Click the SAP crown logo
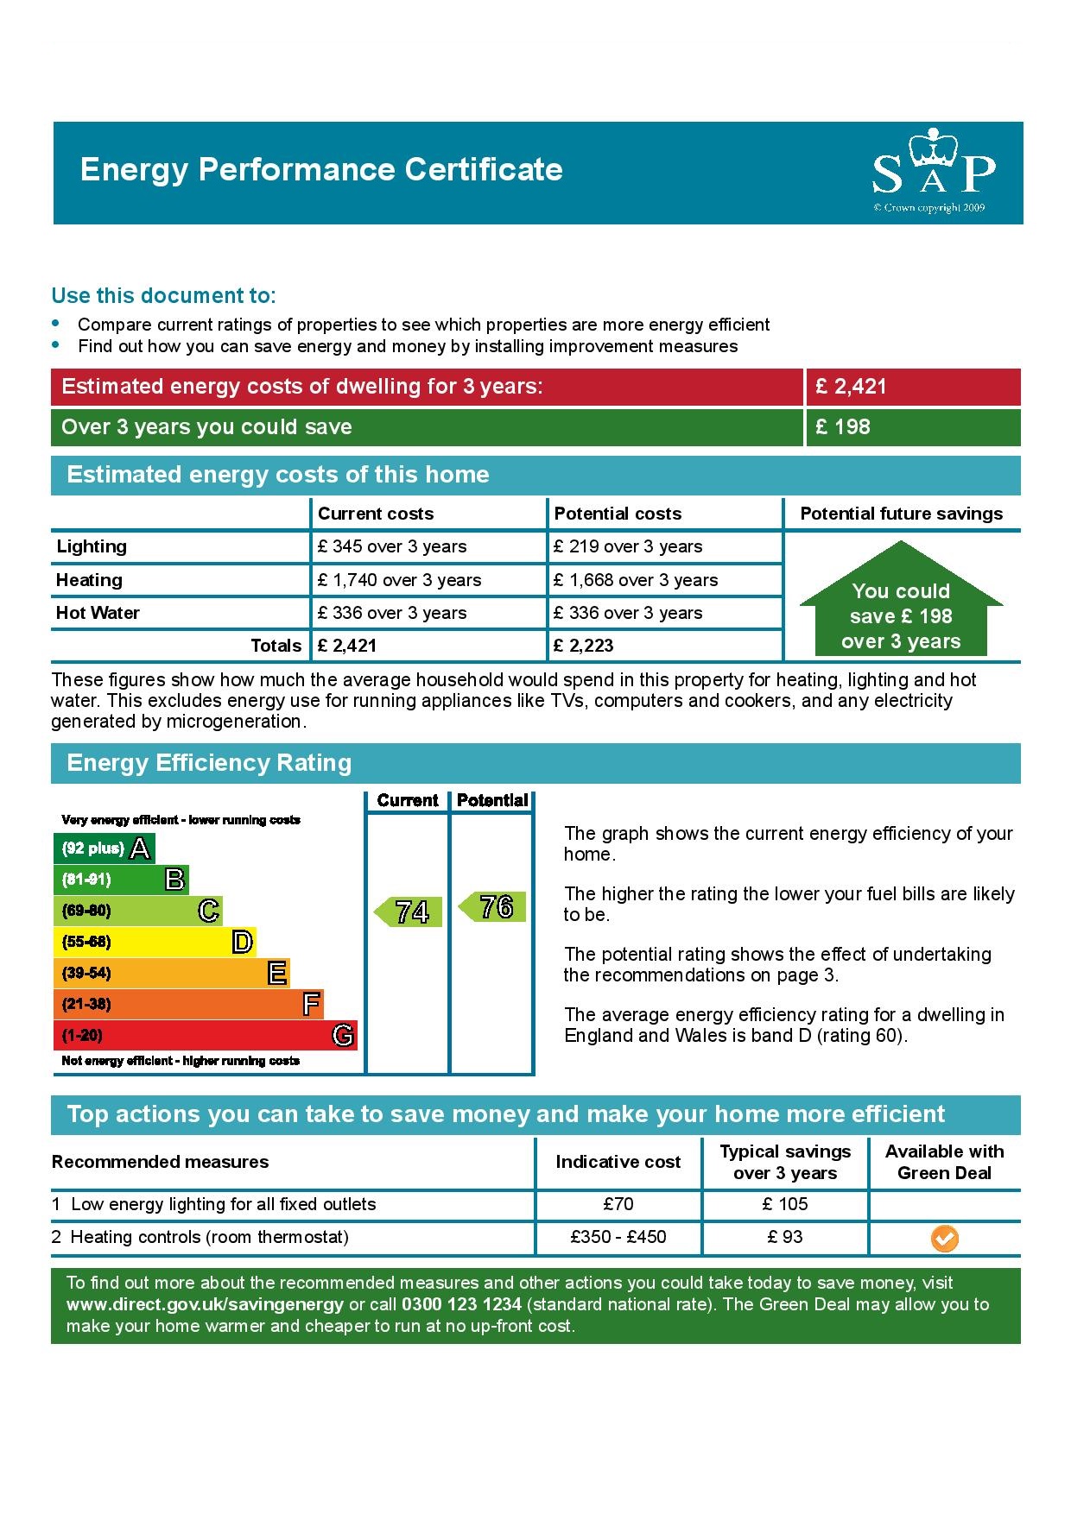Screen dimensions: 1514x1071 (933, 170)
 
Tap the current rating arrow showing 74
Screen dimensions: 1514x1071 (409, 912)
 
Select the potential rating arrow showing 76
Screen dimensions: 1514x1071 (493, 907)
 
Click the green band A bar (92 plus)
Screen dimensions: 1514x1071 (104, 848)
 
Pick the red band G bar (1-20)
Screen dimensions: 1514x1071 (205, 1035)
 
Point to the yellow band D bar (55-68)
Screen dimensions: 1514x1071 (155, 942)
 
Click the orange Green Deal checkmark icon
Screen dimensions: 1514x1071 (944, 1240)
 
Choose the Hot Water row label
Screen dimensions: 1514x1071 (98, 613)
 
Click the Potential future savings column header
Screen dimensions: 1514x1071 (901, 514)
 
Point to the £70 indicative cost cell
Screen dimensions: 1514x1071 (618, 1204)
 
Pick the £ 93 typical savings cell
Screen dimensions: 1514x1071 (785, 1237)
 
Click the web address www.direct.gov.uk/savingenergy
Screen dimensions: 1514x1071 (205, 1304)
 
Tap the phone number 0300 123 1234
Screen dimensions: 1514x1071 (461, 1304)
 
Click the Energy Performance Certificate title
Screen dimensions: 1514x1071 (321, 170)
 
